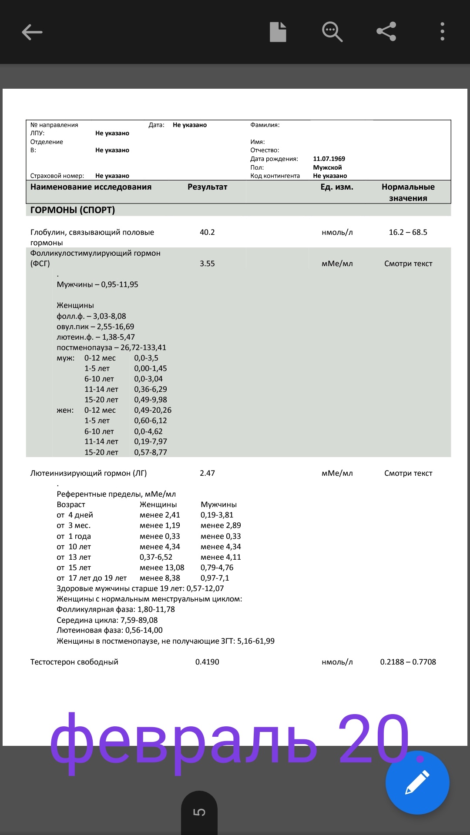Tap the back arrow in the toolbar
[32, 32]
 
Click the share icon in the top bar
[386, 32]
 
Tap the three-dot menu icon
[442, 32]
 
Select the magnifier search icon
[332, 32]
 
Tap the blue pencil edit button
[417, 782]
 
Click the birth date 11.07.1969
[329, 159]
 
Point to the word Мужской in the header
[327, 167]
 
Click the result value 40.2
[207, 232]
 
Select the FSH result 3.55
[207, 264]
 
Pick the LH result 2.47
[207, 473]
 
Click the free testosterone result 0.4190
[207, 662]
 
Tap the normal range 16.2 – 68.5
[408, 232]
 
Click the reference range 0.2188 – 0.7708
[408, 662]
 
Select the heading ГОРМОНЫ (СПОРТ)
[73, 210]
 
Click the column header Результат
[207, 187]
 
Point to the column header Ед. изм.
[337, 187]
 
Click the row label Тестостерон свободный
[74, 662]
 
